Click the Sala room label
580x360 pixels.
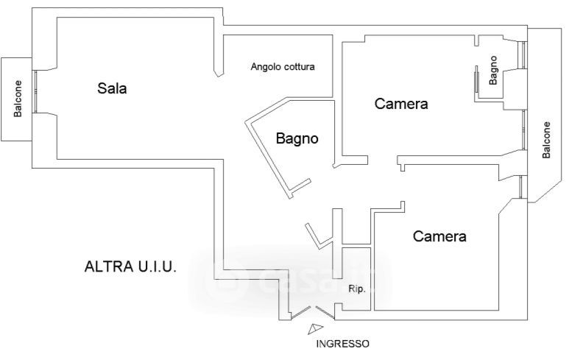pyautogui.click(x=113, y=89)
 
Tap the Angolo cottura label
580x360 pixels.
pyautogui.click(x=283, y=67)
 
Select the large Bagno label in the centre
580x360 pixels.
pyautogui.click(x=297, y=138)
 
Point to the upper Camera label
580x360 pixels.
pyautogui.click(x=401, y=104)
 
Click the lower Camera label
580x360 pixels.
pyautogui.click(x=439, y=236)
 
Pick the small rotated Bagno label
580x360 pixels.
pyautogui.click(x=494, y=70)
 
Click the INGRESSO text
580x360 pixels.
pyautogui.click(x=342, y=344)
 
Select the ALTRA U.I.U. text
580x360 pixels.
pyautogui.click(x=130, y=266)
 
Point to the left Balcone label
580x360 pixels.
pyautogui.click(x=18, y=99)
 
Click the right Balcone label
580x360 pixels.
pyautogui.click(x=545, y=139)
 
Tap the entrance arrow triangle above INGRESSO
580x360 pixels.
pyautogui.click(x=316, y=329)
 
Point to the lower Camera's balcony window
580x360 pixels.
pyautogui.click(x=521, y=187)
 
